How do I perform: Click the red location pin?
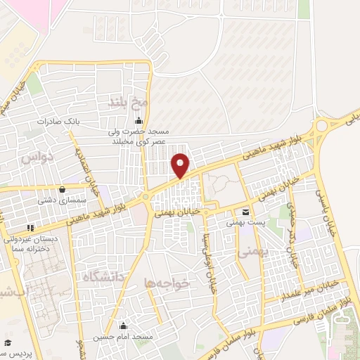click(181, 165)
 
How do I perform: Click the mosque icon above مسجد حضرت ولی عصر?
click(139, 119)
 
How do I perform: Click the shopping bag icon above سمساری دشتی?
click(63, 189)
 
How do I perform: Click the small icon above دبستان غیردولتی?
click(30, 228)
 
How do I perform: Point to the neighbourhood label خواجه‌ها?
click(167, 283)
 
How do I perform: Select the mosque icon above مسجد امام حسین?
click(124, 326)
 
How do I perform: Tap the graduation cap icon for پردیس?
click(6, 342)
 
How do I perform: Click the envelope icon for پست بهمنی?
click(245, 212)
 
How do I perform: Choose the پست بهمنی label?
click(243, 222)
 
